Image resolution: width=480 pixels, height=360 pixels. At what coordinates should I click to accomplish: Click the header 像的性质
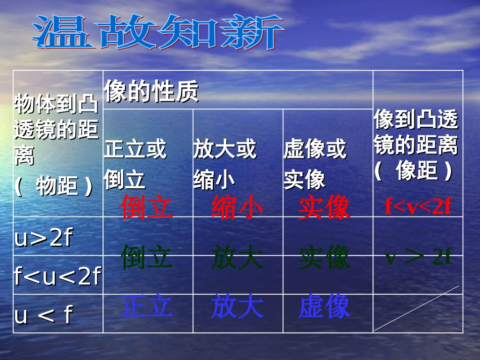pos(151,92)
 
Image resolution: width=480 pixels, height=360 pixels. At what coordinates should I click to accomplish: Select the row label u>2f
pos(44,238)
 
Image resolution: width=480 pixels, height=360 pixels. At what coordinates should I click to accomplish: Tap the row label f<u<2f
pos(57,276)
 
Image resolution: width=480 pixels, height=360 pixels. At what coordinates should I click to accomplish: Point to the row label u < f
pos(43,315)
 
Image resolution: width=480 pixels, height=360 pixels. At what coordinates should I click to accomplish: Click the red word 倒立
pos(147,207)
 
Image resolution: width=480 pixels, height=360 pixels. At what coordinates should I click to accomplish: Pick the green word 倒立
pos(147,258)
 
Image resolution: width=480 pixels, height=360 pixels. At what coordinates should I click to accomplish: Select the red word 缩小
pos(237,207)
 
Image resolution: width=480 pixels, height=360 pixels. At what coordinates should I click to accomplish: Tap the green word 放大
pos(237,258)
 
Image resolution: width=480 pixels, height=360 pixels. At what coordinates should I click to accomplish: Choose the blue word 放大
pos(237,307)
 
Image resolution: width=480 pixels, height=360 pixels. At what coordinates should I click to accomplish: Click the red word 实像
pos(324,207)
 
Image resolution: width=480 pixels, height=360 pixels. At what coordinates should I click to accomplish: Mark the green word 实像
pos(324,258)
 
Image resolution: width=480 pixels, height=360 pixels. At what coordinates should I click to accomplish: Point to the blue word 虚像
pos(324,307)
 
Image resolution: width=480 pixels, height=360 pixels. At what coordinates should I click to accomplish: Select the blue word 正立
pos(147,307)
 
